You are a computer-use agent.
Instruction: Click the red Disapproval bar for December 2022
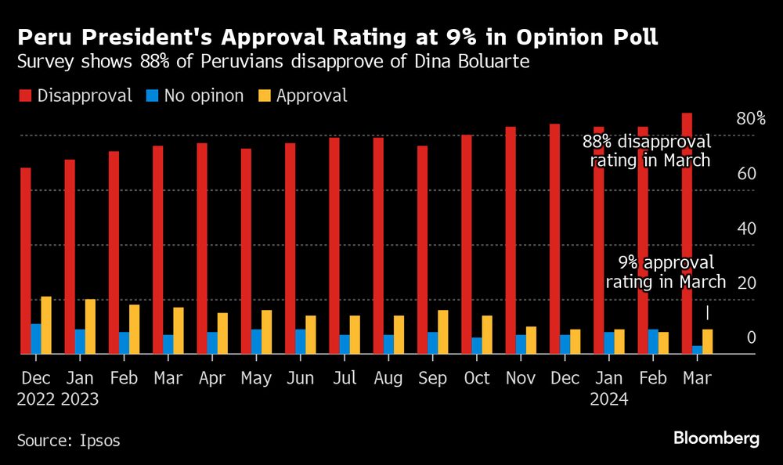tap(26, 261)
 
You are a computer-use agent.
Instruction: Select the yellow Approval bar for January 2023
tap(90, 326)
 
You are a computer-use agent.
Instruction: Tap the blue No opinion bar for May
tap(246, 341)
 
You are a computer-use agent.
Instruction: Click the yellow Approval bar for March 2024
tap(707, 341)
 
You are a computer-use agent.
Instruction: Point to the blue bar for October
tap(466, 345)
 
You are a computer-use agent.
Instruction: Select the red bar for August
tap(378, 246)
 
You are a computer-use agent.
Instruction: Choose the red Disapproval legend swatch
tap(25, 96)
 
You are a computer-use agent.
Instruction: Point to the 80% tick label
tap(750, 119)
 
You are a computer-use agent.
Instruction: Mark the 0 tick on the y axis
tap(751, 338)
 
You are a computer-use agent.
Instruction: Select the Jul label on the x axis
tap(345, 379)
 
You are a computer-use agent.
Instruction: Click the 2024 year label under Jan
tap(609, 399)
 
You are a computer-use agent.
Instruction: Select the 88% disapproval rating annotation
tap(647, 151)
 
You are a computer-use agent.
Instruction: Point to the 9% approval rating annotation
tap(666, 272)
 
